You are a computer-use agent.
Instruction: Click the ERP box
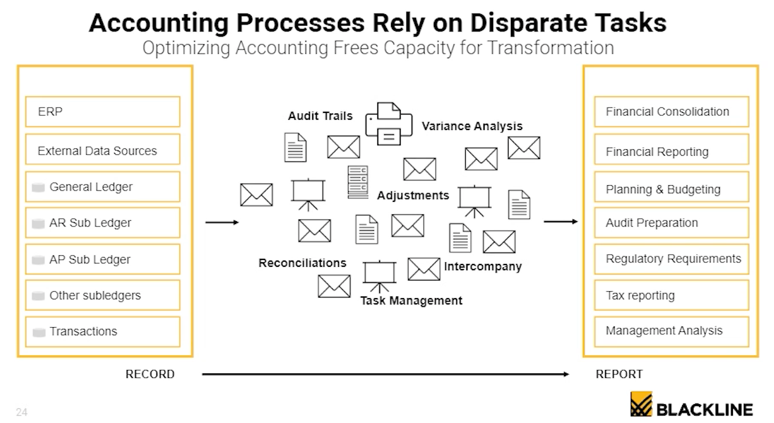coord(103,112)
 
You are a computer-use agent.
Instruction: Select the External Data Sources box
coord(103,151)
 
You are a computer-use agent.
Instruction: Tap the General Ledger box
coord(103,187)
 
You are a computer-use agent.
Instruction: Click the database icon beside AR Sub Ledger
coord(38,223)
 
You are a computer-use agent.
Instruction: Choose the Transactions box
coord(103,331)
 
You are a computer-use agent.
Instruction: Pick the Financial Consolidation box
coord(671,112)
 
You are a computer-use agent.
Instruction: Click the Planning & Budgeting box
coord(671,189)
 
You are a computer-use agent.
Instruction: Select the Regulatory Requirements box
coord(671,259)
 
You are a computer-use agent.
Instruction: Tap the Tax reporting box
coord(671,296)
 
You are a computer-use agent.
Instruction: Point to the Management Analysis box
coord(671,331)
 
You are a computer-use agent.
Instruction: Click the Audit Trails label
coord(320,116)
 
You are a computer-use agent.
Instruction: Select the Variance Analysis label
coord(472,126)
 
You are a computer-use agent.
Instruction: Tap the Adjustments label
coord(413,196)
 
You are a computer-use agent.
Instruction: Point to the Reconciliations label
coord(303,263)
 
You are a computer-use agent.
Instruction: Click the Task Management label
coord(411,300)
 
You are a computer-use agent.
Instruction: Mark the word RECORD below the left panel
coord(150,374)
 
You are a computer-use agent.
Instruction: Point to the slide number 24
coord(22,412)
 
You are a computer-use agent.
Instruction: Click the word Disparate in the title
coord(525,23)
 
